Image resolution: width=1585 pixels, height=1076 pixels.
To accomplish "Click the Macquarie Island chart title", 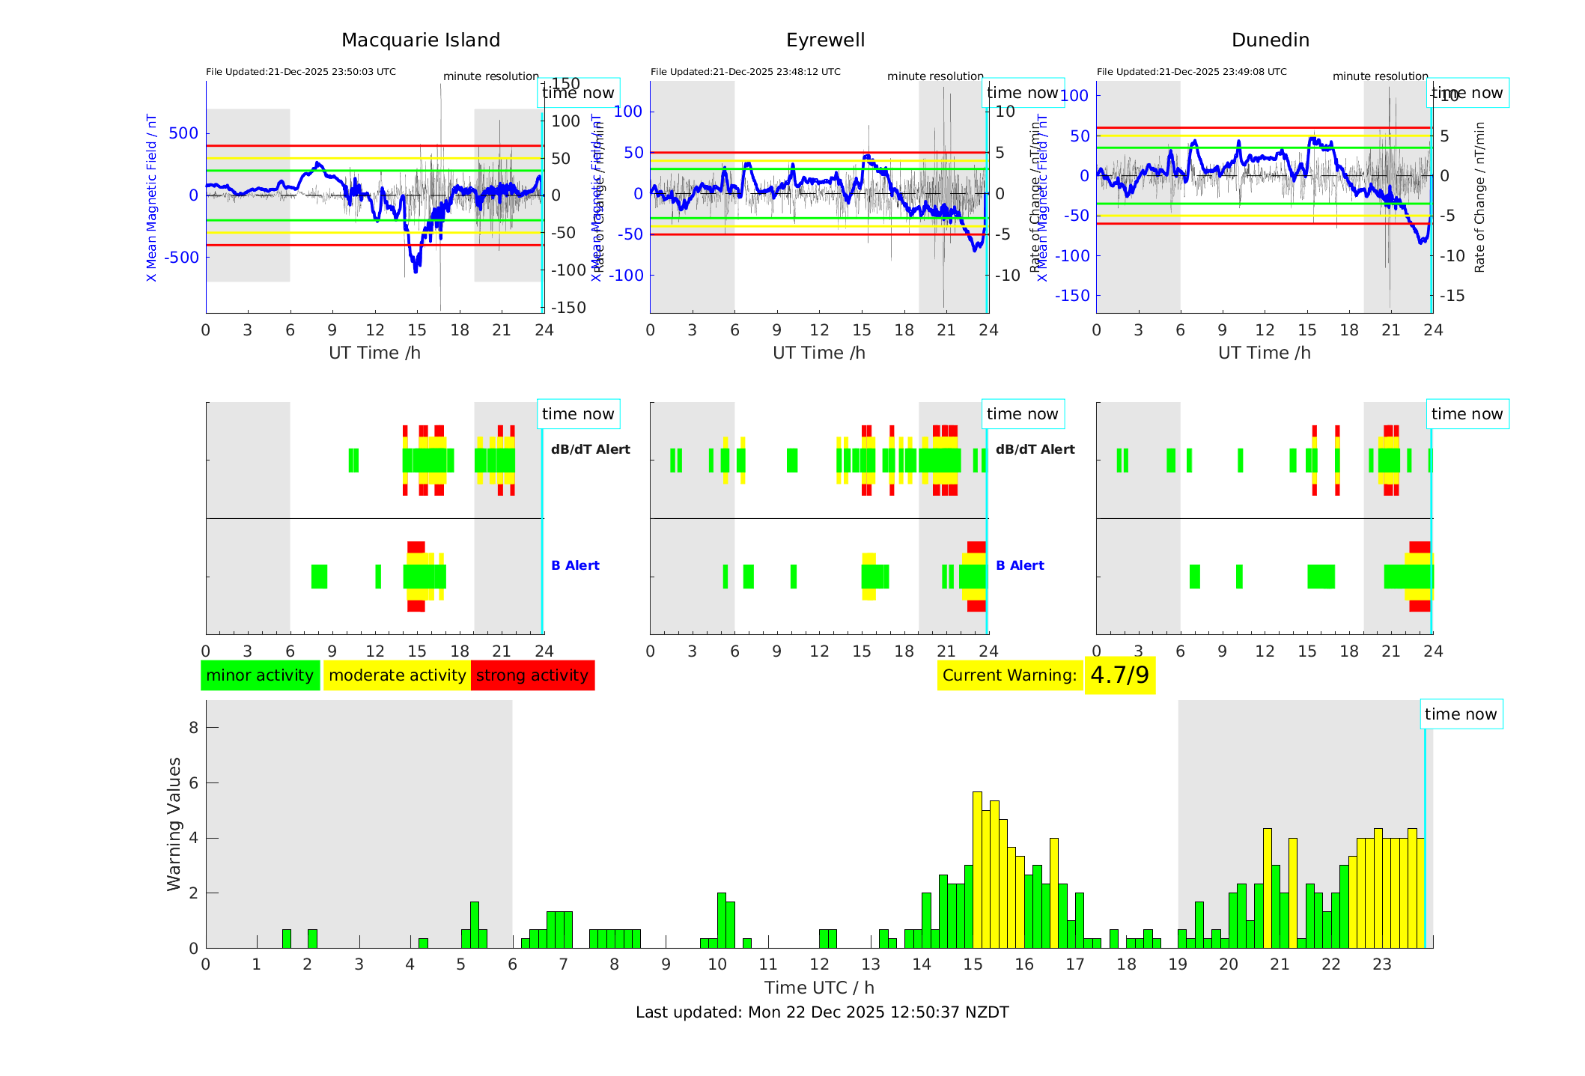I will coord(420,40).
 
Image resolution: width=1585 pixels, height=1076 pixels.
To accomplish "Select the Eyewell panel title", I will coord(825,40).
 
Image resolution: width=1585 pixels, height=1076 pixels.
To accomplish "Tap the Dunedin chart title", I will coord(1270,40).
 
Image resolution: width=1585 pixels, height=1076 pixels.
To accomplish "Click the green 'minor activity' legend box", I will coord(260,675).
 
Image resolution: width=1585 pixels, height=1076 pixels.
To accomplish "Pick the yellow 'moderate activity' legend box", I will coord(397,675).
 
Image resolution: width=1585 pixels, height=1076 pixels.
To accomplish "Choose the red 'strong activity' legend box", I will coord(532,675).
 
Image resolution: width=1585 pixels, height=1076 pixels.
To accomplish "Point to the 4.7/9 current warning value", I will coord(1119,675).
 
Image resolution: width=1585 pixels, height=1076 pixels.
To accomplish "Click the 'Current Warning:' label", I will coord(1009,675).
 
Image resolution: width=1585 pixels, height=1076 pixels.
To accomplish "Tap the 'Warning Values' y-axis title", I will coord(174,824).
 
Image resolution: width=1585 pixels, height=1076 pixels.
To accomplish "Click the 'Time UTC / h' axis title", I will coord(819,988).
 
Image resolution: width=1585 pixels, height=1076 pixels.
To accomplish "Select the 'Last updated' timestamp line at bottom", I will coord(822,1012).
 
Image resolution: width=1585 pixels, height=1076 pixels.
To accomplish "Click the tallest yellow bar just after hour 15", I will coord(977,869).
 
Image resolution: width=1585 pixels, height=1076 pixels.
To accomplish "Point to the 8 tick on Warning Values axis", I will coord(193,728).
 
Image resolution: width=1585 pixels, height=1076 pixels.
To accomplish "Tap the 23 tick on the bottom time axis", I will coord(1382,964).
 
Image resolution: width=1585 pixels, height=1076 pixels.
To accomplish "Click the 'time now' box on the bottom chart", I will coord(1461,714).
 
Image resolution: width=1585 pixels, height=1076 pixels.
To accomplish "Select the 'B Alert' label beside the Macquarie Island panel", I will coord(575,565).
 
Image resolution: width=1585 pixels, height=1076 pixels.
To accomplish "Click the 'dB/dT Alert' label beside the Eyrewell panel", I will coord(1035,449).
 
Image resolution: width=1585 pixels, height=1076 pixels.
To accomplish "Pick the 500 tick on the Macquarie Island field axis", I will coord(183,133).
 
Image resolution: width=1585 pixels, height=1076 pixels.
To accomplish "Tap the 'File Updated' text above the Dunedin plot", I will coord(1191,72).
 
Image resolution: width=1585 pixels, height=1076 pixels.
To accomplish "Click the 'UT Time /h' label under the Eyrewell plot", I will coord(819,353).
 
